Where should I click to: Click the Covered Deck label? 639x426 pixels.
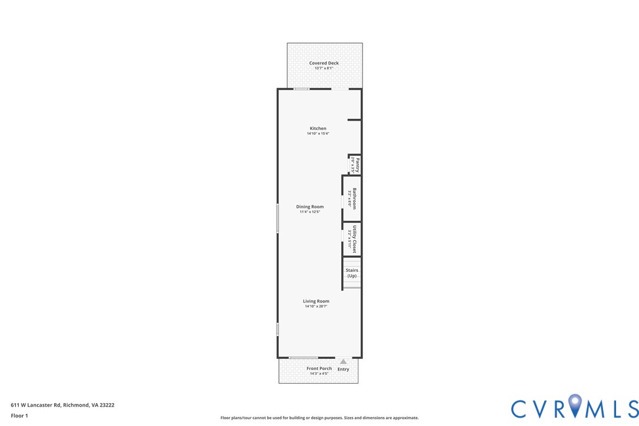(324, 63)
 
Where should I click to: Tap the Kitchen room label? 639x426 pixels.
(318, 128)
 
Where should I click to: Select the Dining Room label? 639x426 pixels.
(309, 207)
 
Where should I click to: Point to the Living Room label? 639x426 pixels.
(316, 301)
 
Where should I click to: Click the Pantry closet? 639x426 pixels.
(355, 165)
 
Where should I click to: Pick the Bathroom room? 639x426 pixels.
(352, 198)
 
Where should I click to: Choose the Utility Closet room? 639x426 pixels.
(352, 239)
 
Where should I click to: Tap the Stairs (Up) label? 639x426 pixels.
(352, 273)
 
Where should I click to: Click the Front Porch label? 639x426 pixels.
(319, 368)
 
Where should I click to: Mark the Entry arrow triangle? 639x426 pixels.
(343, 362)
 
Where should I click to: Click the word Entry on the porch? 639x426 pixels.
(343, 370)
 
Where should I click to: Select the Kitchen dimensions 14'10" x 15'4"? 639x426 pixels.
(318, 134)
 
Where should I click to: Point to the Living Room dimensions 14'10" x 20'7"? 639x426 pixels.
(316, 307)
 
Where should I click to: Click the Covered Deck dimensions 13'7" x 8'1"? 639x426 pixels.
(324, 68)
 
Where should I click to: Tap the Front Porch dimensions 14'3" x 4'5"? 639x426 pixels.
(319, 374)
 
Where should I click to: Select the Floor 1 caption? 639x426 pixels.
(19, 415)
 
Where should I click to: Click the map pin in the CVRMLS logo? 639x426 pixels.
(575, 405)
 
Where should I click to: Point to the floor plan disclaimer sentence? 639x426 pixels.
(319, 418)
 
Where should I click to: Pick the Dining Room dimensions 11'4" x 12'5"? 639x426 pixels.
(309, 212)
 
